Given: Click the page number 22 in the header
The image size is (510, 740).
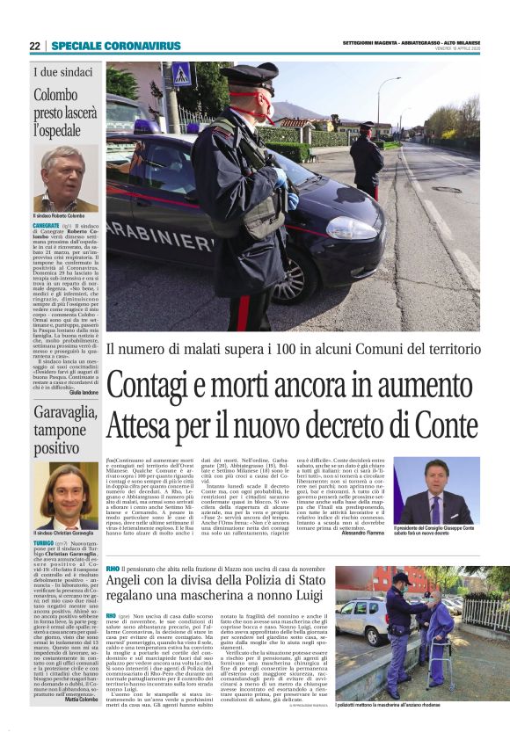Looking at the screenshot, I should pos(34,46).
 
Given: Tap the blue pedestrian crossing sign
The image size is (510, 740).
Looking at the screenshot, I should pos(182,75).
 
